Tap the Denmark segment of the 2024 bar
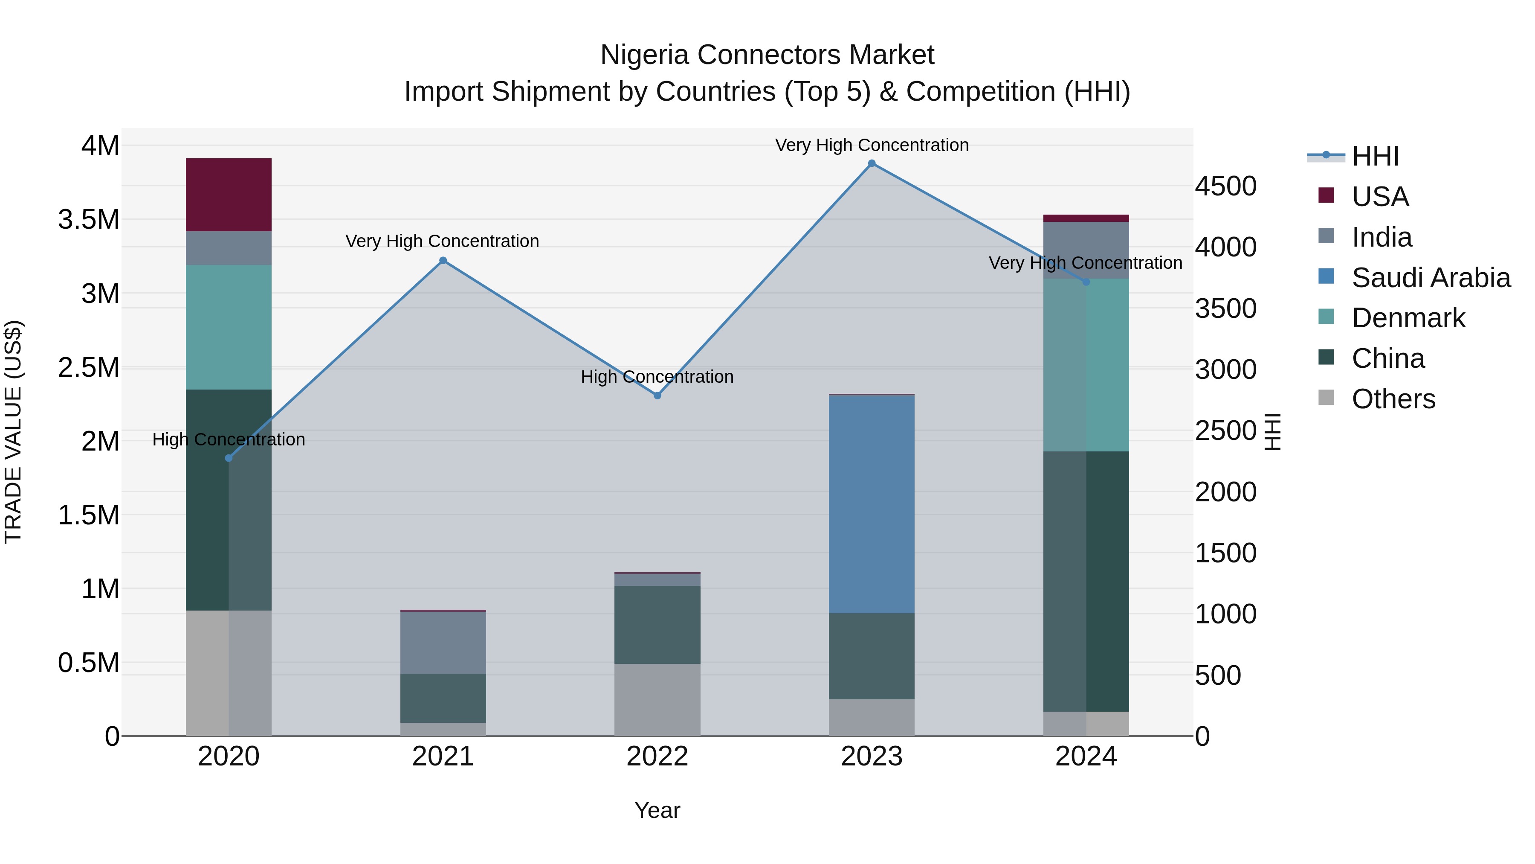[x=1086, y=365]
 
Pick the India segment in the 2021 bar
[x=443, y=642]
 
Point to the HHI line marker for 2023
[x=872, y=163]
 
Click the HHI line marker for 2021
[x=443, y=261]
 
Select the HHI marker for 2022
[x=657, y=396]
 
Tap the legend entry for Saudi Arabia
[x=1430, y=278]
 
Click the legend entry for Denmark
[x=1408, y=318]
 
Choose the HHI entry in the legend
[x=1375, y=156]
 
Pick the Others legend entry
[x=1393, y=399]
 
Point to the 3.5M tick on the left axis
[x=89, y=219]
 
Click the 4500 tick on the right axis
[x=1226, y=186]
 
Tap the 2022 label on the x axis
[x=657, y=756]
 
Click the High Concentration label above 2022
[x=657, y=377]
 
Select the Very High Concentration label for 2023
[x=872, y=145]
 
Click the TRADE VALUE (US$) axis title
[x=13, y=432]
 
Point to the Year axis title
[x=657, y=810]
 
